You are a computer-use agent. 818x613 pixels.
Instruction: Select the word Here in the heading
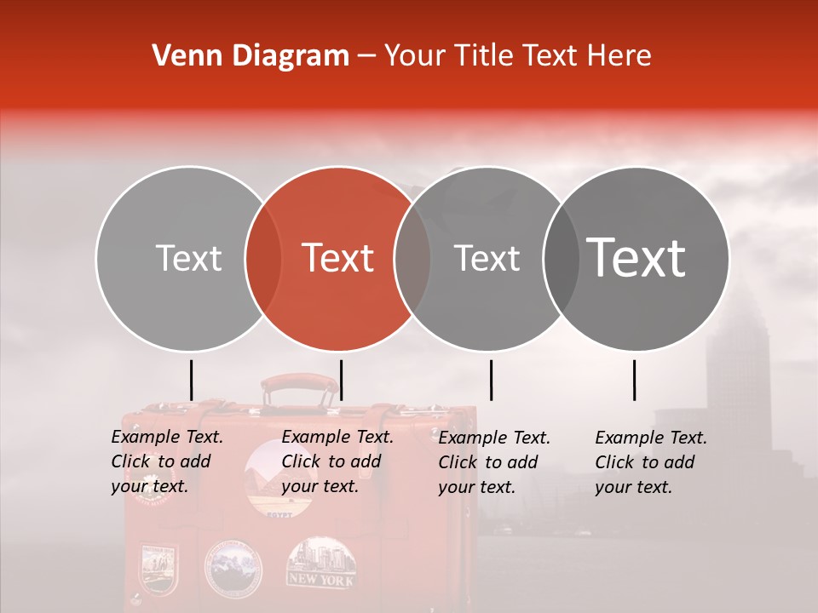pos(622,56)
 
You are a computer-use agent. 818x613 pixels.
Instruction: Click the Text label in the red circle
pos(338,258)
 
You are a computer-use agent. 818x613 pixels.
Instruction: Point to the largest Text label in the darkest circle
pos(637,257)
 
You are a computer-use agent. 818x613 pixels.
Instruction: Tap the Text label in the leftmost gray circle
pos(188,258)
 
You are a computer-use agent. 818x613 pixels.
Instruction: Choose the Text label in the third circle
pos(487,258)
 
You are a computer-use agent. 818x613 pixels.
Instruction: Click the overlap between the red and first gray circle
pos(263,258)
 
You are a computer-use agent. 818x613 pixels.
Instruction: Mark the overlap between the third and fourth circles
pos(560,258)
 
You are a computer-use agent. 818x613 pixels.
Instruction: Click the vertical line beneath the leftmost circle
pos(191,380)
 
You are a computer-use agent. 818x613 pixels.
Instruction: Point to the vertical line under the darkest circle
pos(634,380)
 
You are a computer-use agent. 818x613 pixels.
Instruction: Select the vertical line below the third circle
pos(491,380)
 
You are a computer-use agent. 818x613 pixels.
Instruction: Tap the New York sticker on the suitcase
pos(320,563)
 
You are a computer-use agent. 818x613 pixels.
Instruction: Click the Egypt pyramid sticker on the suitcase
pos(270,482)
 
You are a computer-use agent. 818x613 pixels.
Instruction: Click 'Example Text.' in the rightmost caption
pos(651,438)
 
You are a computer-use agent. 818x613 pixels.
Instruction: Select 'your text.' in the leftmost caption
pos(149,487)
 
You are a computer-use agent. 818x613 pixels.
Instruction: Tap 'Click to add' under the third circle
pos(488,462)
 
